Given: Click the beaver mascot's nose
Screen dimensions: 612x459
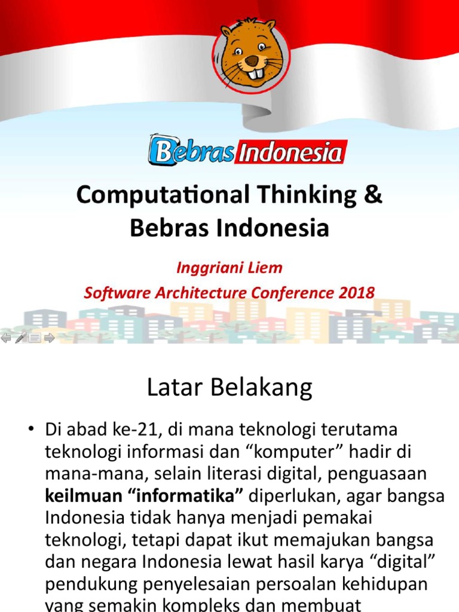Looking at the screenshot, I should (252, 61).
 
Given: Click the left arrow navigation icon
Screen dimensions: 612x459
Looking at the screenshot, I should (6, 338).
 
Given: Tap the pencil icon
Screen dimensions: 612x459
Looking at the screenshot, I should (20, 338).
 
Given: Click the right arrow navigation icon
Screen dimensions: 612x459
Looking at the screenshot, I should (50, 338).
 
